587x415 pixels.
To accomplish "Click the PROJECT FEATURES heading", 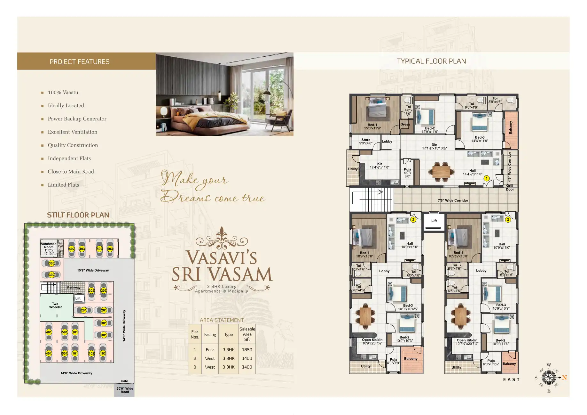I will pos(80,61).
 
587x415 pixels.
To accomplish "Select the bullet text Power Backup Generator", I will pos(77,119).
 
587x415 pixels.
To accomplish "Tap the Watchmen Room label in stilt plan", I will pos(49,247).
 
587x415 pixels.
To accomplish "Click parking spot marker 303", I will pos(51,263).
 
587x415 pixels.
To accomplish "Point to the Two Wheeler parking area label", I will pos(55,305).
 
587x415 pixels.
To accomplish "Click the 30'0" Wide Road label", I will pos(125,390).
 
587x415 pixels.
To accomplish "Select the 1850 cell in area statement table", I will pos(247,350).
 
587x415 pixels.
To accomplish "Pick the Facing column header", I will pos(210,334).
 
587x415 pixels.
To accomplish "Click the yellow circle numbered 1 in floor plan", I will pos(486,178).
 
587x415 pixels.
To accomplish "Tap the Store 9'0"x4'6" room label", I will pos(366,142).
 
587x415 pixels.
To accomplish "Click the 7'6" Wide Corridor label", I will pos(453,200).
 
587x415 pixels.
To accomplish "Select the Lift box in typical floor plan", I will pos(434,221).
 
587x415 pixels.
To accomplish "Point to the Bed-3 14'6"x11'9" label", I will pos(480,139).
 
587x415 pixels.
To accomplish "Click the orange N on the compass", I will pos(564,378).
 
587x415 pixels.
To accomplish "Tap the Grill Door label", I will pos(510,187).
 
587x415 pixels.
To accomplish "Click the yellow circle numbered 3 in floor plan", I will pos(508,220).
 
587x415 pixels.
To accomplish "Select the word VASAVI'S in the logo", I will pos(222,257).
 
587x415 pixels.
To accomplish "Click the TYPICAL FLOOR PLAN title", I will pos(431,61).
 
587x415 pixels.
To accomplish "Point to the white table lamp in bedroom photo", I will pos(163,112).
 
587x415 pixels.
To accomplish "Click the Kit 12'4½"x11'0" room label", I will pos(380,166).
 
